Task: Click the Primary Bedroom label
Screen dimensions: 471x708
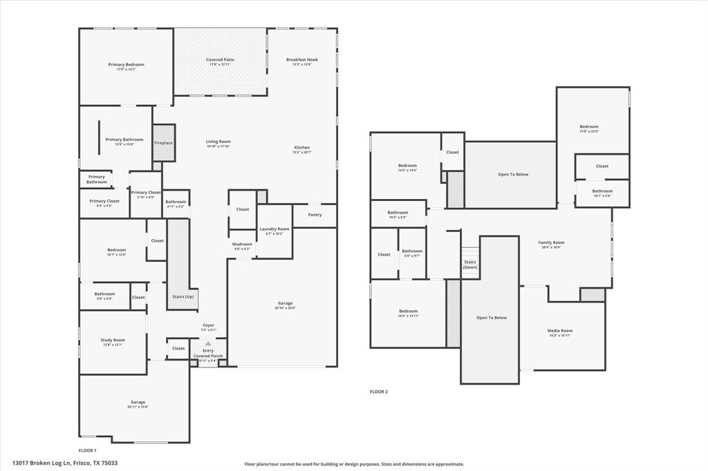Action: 126,65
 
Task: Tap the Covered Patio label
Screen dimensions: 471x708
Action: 220,60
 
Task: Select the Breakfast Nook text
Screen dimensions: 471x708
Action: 301,60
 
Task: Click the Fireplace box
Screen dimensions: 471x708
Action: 163,143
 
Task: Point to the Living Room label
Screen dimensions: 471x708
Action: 218,142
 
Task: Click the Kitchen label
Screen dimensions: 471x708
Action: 302,148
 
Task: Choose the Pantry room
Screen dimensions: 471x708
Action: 315,215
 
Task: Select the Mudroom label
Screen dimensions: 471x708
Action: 242,244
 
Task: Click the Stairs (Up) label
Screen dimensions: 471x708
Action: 183,296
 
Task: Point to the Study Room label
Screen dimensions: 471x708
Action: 112,340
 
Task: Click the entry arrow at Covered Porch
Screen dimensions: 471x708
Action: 207,343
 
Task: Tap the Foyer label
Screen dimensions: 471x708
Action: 208,325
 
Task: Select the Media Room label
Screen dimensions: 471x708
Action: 560,331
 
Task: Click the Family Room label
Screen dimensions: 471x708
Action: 551,242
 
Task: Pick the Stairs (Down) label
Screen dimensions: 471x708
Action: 470,265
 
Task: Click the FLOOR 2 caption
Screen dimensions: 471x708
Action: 378,392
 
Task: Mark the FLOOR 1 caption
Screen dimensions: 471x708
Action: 87,450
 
